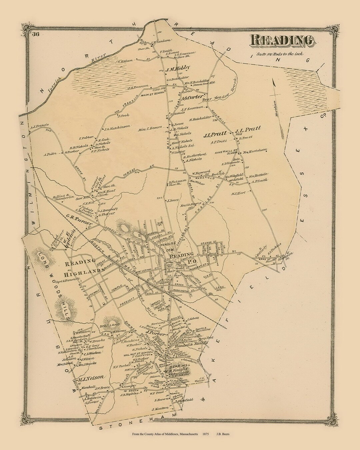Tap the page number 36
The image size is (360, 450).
tap(36, 33)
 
